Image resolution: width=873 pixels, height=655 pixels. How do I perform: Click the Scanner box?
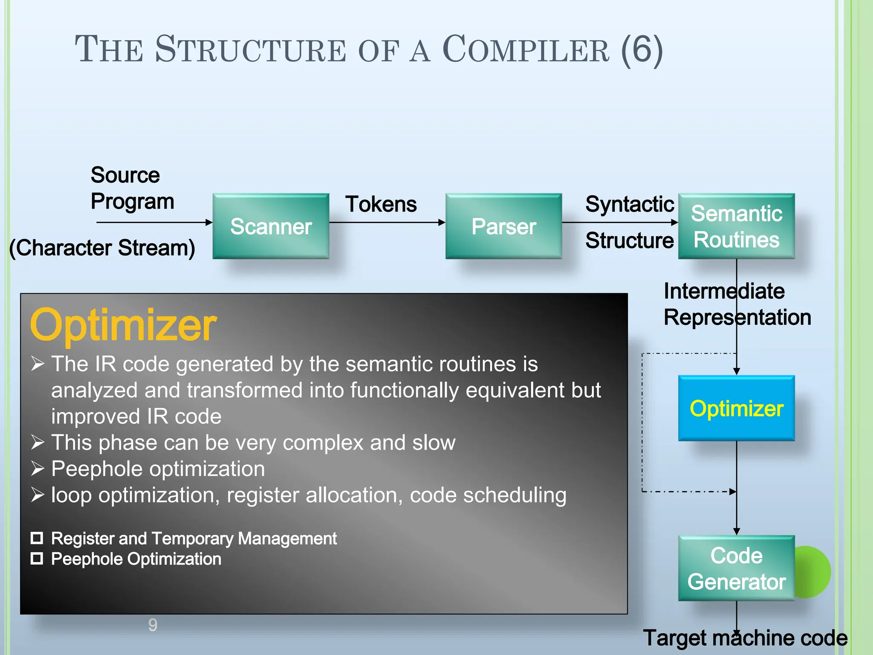tap(271, 226)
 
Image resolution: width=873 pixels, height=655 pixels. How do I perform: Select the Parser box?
tap(503, 226)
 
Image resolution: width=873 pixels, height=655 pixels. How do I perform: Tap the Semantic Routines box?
tap(736, 226)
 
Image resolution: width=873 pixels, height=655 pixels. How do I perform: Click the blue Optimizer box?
tap(736, 408)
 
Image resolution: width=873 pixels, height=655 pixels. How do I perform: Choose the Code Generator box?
tap(736, 568)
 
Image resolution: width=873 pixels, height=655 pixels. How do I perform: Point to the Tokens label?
tap(381, 204)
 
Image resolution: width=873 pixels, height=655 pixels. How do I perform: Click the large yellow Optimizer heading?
tap(123, 325)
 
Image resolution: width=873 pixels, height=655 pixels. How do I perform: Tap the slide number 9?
tap(153, 625)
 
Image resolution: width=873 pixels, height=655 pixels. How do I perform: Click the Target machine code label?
tap(745, 638)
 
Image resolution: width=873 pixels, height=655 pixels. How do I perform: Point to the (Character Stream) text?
tap(102, 248)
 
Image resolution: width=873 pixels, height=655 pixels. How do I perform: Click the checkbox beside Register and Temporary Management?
tap(37, 538)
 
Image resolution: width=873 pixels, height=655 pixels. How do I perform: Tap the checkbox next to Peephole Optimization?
tap(37, 559)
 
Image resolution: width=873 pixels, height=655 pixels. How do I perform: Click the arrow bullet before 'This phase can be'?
tap(38, 443)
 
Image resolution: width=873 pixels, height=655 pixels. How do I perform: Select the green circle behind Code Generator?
tap(814, 571)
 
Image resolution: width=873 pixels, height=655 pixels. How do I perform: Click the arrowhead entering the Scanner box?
tap(209, 222)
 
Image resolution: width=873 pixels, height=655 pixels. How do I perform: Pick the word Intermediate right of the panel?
tap(724, 291)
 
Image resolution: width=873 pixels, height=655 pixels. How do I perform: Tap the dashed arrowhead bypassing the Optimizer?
tap(732, 492)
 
